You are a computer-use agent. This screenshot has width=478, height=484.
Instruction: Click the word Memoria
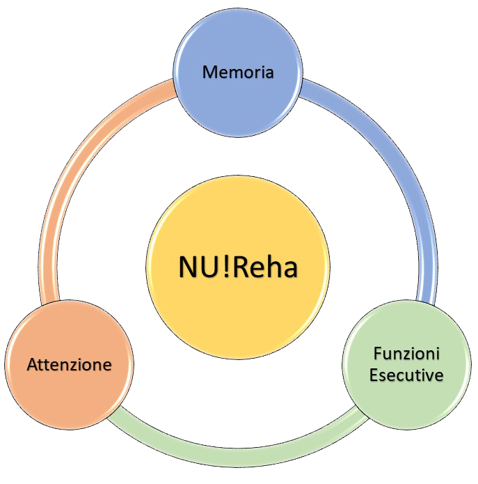237,72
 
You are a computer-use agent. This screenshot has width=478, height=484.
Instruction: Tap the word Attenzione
69,364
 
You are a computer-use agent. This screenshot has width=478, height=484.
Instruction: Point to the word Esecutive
406,375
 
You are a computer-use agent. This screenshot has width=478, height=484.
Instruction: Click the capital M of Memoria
209,72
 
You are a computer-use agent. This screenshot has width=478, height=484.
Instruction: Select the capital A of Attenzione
32,364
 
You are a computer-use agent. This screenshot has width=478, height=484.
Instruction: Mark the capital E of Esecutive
374,375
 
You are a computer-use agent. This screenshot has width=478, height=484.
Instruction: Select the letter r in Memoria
255,72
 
